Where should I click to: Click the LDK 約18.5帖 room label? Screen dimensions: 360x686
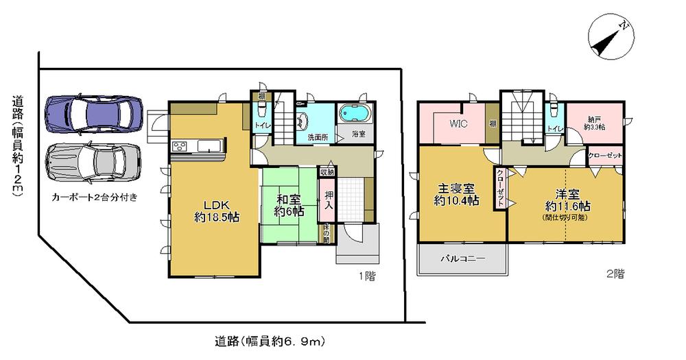tap(215, 208)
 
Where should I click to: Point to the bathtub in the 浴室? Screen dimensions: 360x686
tap(354, 112)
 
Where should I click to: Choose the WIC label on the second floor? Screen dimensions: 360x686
tap(458, 124)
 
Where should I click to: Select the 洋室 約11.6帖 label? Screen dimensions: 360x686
tap(567, 200)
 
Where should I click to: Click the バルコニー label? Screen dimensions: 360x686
tap(462, 260)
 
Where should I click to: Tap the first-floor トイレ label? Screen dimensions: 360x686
tap(261, 125)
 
